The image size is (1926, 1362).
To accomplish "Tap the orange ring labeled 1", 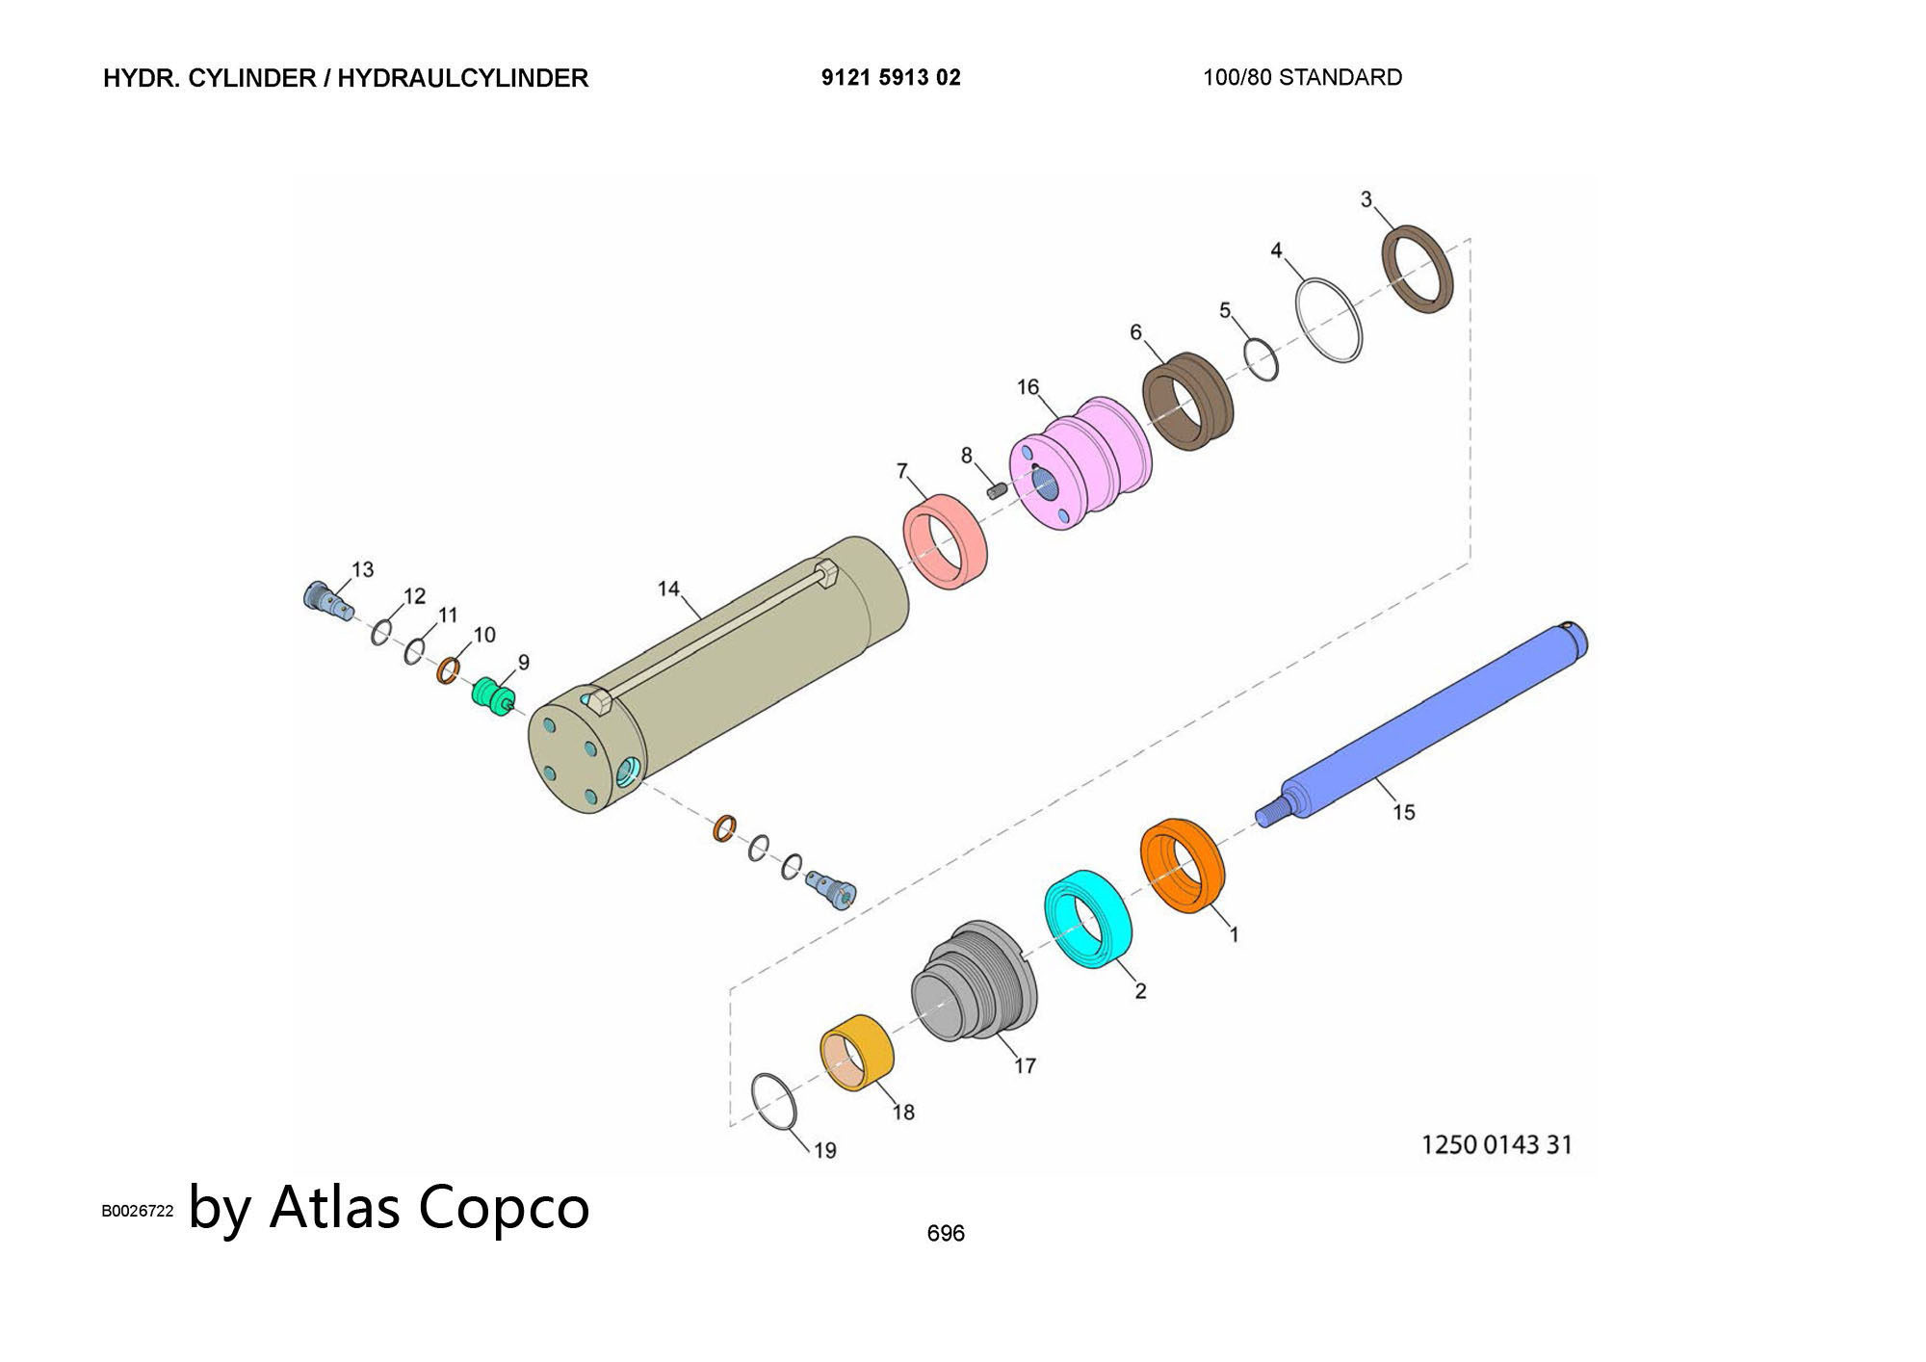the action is [x=1183, y=865].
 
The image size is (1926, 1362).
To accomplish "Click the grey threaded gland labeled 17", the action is [x=974, y=981].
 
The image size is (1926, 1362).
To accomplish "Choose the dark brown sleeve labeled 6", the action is [x=1187, y=402].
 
